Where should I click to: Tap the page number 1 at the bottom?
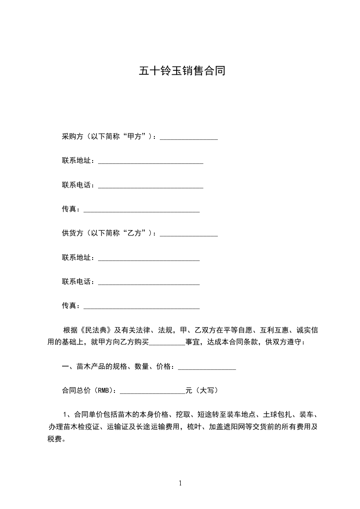tap(180, 483)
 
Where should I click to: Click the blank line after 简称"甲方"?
tap(189, 138)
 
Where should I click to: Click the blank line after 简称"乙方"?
tap(189, 235)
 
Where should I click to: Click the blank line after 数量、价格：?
tap(207, 368)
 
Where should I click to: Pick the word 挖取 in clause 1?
tap(180, 414)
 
